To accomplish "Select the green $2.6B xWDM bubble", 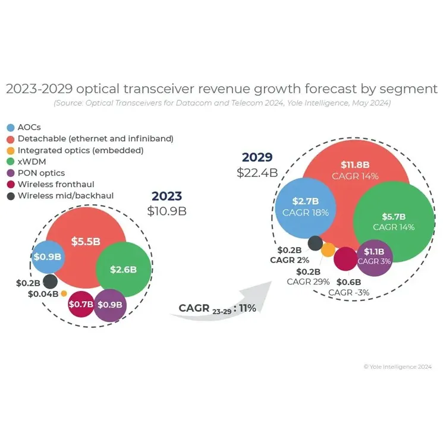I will pyautogui.click(x=122, y=269).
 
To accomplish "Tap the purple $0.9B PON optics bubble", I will pyautogui.click(x=110, y=305).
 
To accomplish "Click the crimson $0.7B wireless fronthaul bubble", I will pyautogui.click(x=81, y=305).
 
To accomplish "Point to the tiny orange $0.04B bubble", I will pyautogui.click(x=64, y=293).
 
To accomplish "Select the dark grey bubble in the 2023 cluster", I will pyautogui.click(x=50, y=281).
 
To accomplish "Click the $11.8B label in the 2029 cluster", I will pyautogui.click(x=356, y=164).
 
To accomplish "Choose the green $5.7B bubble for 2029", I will pyautogui.click(x=393, y=221).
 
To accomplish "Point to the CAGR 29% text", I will pyautogui.click(x=307, y=281).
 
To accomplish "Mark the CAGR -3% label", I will pyautogui.click(x=348, y=292).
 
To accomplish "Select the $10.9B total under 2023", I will pyautogui.click(x=166, y=211).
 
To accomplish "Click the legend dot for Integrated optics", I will pyautogui.click(x=10, y=150).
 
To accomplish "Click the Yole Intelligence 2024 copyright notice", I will pyautogui.click(x=398, y=367).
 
